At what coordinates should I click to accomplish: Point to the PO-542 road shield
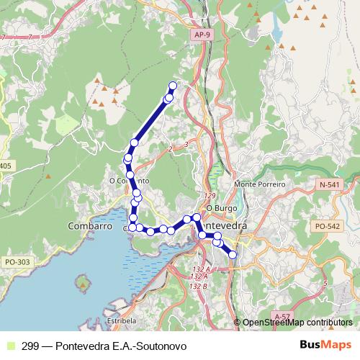pos(326,226)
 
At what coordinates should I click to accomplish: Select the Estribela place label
pos(120,320)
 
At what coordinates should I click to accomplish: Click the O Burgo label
pos(217,208)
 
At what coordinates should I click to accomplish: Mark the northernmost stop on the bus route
pos(173,86)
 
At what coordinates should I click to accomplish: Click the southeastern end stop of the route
pos(233,254)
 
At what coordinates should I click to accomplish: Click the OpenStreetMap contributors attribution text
pos(297,323)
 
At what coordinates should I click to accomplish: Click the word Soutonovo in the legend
pos(163,346)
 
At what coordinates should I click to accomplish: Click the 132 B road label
pos(199,287)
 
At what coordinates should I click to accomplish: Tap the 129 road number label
pos(210,196)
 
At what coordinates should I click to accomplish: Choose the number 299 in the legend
pos(30,346)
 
